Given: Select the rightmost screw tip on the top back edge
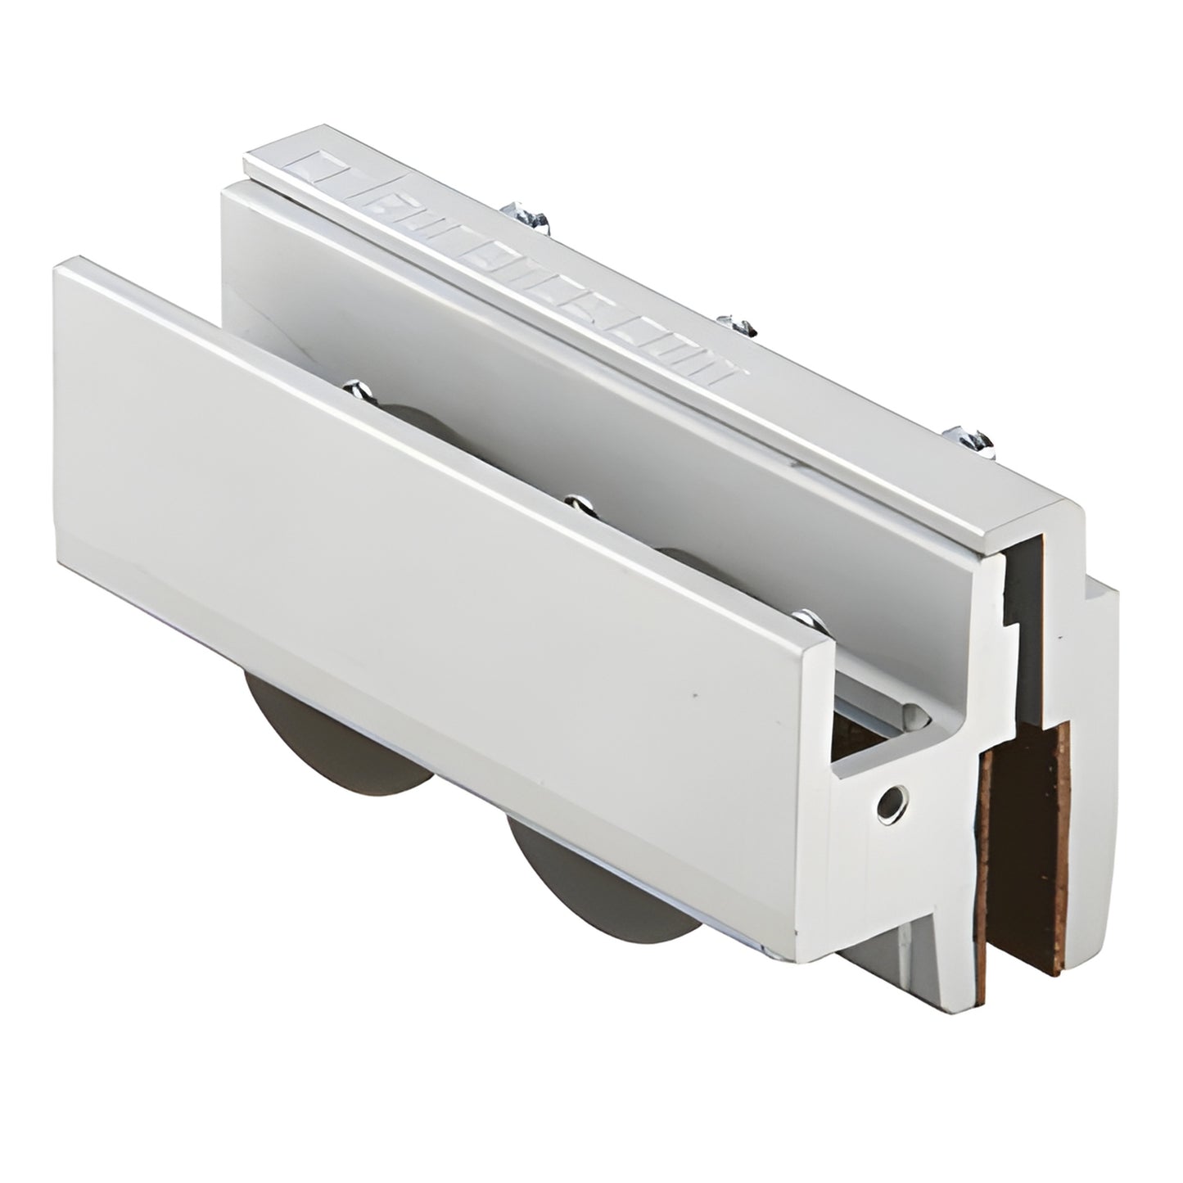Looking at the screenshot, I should (975, 439).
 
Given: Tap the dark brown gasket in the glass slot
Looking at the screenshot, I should (1023, 851).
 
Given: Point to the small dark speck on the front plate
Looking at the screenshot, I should (695, 695).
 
